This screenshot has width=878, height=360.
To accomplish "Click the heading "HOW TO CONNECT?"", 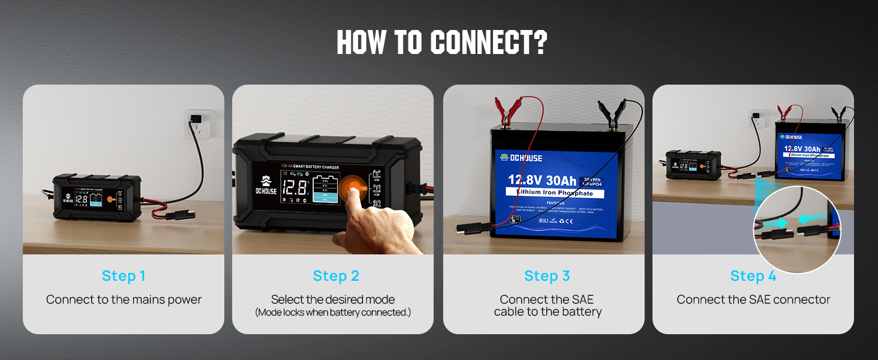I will click(441, 43).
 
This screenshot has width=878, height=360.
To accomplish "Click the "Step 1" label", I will click(124, 276).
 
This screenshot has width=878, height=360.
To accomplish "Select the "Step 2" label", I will click(336, 276).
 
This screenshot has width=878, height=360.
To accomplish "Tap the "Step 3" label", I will click(547, 276).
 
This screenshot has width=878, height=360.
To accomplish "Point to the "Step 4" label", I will click(753, 276).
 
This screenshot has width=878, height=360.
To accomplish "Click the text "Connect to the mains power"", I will click(124, 299).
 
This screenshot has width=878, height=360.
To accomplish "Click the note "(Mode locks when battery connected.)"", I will click(333, 313).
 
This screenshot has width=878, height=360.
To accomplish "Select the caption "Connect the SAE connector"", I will click(753, 299).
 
